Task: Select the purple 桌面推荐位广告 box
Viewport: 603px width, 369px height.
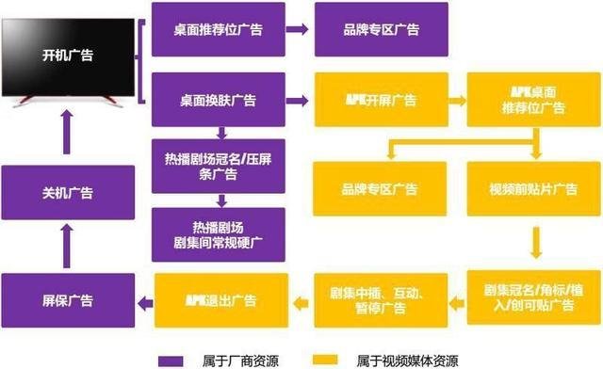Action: click(x=218, y=29)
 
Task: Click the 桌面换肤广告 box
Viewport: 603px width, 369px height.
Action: click(x=218, y=98)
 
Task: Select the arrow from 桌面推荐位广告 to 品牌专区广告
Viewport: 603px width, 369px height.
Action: click(x=299, y=29)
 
